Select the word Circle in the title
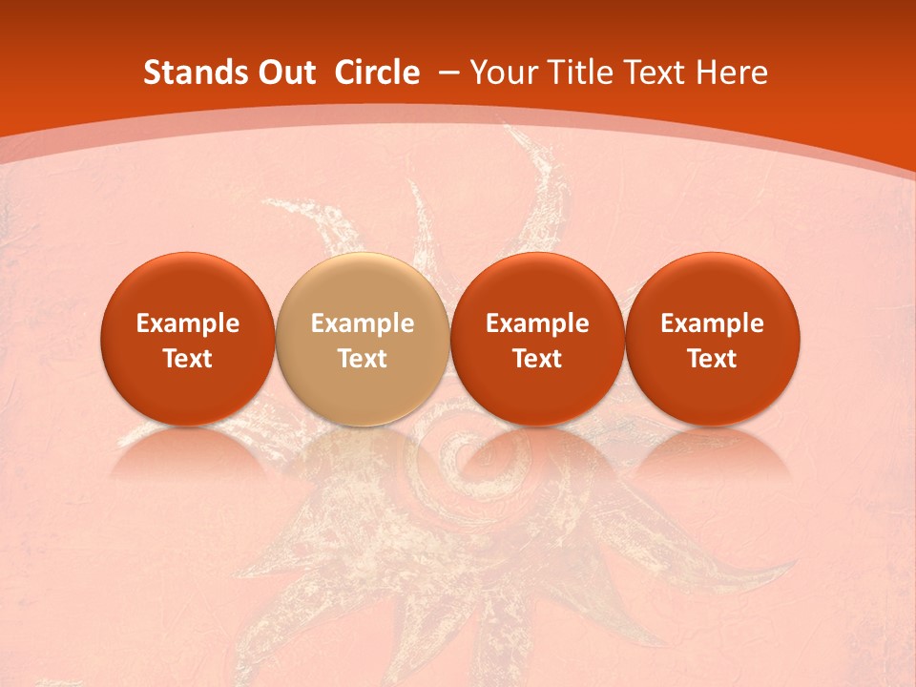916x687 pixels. [376, 73]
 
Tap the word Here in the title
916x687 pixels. [733, 73]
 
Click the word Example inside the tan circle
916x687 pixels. [362, 324]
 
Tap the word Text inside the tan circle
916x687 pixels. [362, 359]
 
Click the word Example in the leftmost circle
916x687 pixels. [187, 324]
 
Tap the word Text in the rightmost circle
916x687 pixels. [712, 359]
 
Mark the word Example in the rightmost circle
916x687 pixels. [712, 324]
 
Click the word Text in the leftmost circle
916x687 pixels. [187, 359]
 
